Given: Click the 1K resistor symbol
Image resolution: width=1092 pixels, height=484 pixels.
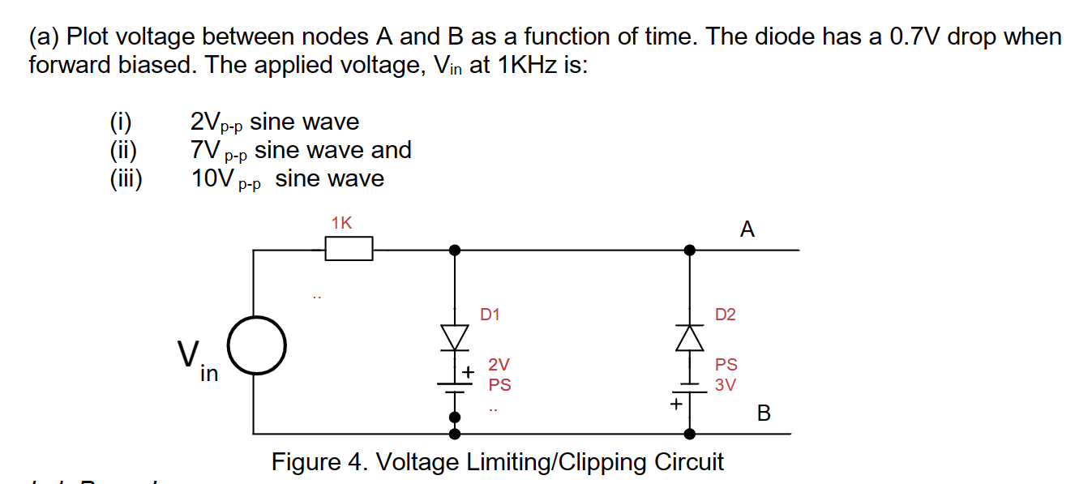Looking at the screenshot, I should [349, 249].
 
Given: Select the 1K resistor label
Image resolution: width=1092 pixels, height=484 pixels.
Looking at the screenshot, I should [341, 223].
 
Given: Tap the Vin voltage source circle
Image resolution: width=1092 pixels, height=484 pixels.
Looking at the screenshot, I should [255, 346].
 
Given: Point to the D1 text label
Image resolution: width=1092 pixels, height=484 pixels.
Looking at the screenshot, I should [490, 315].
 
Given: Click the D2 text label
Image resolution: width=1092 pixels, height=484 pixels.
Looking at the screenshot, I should [726, 315].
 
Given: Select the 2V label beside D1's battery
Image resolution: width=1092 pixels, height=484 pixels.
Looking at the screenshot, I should [499, 366].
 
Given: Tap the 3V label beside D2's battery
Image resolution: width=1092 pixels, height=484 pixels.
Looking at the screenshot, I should [726, 385].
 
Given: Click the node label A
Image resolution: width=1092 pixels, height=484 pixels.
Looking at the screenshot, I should [747, 230].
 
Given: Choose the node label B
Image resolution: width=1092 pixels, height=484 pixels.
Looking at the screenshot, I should [763, 413].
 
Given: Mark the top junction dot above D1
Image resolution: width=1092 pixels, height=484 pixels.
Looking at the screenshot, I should [455, 250].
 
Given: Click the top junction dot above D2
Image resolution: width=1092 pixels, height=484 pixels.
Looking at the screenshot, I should [690, 250].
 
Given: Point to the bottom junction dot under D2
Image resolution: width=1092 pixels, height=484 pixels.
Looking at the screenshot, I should [690, 433].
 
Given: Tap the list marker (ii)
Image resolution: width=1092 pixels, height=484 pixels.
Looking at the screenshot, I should [124, 150].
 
